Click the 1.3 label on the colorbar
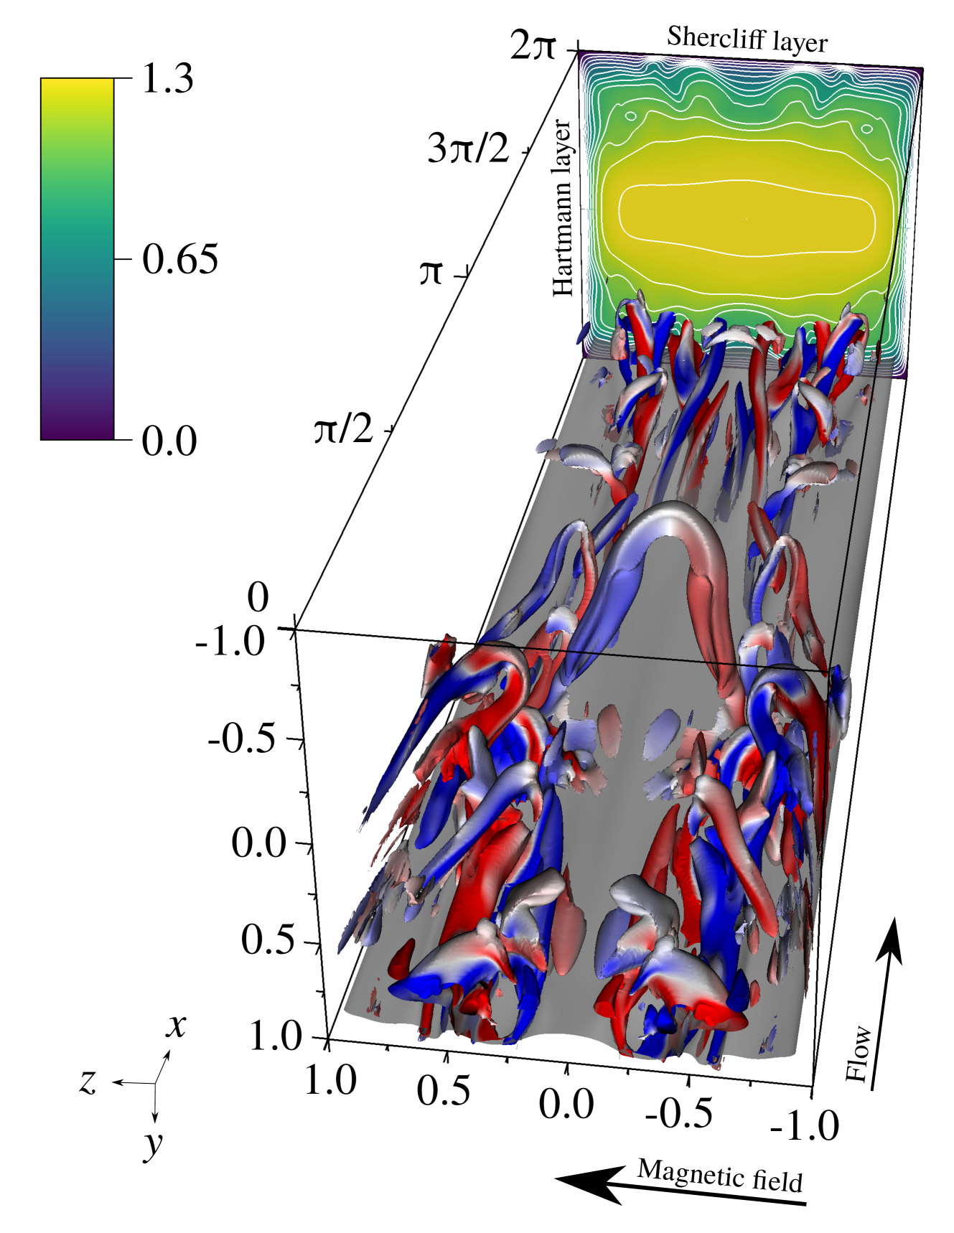click(x=168, y=78)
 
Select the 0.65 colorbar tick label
click(x=179, y=258)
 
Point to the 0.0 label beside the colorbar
click(x=169, y=440)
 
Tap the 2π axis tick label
click(x=533, y=46)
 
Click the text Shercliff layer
click(x=747, y=39)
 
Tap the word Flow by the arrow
click(x=859, y=1054)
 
